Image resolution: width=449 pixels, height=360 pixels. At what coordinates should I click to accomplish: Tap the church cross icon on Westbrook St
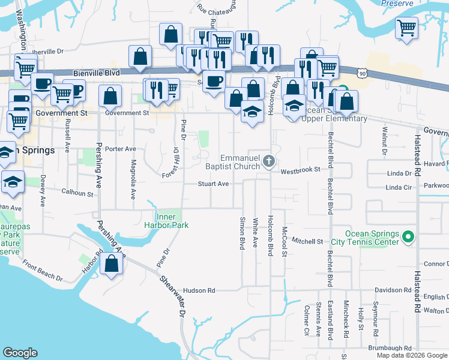click(x=269, y=160)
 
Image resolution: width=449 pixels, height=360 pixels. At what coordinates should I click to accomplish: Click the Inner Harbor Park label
click(x=172, y=221)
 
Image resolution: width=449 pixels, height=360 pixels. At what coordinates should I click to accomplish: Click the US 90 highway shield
click(x=360, y=73)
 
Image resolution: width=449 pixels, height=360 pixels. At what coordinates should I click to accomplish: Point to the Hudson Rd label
click(x=199, y=290)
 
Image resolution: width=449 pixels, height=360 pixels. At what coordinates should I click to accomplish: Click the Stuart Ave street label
click(x=214, y=184)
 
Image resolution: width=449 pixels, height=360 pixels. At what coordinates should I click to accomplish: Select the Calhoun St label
click(x=77, y=193)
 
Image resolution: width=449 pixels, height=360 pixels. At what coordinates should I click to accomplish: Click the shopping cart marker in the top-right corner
click(x=407, y=28)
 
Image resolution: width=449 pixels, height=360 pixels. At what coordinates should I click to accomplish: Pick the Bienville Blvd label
click(x=93, y=73)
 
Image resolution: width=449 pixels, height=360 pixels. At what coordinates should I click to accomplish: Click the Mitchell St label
click(x=307, y=241)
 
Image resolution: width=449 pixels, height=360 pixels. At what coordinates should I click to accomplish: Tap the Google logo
click(x=20, y=353)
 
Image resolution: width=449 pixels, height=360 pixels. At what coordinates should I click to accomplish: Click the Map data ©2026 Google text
click(x=411, y=355)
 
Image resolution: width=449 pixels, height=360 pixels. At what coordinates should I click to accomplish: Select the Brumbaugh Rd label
click(x=390, y=348)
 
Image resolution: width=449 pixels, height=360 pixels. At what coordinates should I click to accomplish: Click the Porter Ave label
click(x=120, y=149)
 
